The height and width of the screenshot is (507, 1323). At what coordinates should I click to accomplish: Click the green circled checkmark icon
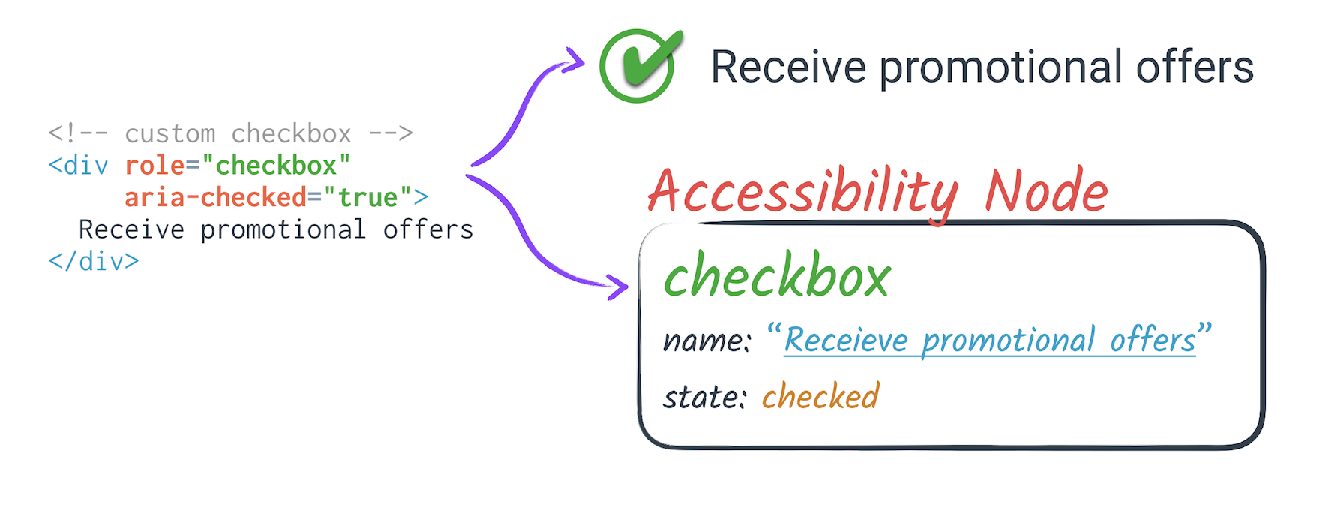point(637,66)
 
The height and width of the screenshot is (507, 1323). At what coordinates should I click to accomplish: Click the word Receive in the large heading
point(788,67)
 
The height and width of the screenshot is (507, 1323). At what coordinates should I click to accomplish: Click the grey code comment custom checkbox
point(237,133)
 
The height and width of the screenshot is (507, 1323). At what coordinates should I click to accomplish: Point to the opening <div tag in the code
point(78,165)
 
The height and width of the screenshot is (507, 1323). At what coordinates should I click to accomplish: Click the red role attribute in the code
point(154,165)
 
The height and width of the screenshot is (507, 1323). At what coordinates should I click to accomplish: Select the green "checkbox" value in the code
point(276,165)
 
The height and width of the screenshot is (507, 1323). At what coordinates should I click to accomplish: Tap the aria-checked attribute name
point(215,197)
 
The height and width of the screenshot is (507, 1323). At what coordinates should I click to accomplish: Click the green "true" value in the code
point(367,197)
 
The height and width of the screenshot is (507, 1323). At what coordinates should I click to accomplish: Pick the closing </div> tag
point(94,261)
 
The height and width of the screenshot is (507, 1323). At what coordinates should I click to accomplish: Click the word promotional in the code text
point(283,229)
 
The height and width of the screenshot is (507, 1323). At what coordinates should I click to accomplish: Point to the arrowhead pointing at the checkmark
point(575,61)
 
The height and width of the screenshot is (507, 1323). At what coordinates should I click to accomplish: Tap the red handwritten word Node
point(1046,191)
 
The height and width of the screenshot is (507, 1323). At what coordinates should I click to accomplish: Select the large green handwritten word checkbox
point(776,276)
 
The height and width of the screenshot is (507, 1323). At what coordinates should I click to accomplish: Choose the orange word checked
point(820,396)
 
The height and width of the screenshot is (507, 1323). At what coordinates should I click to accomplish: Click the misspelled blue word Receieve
point(846,340)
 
